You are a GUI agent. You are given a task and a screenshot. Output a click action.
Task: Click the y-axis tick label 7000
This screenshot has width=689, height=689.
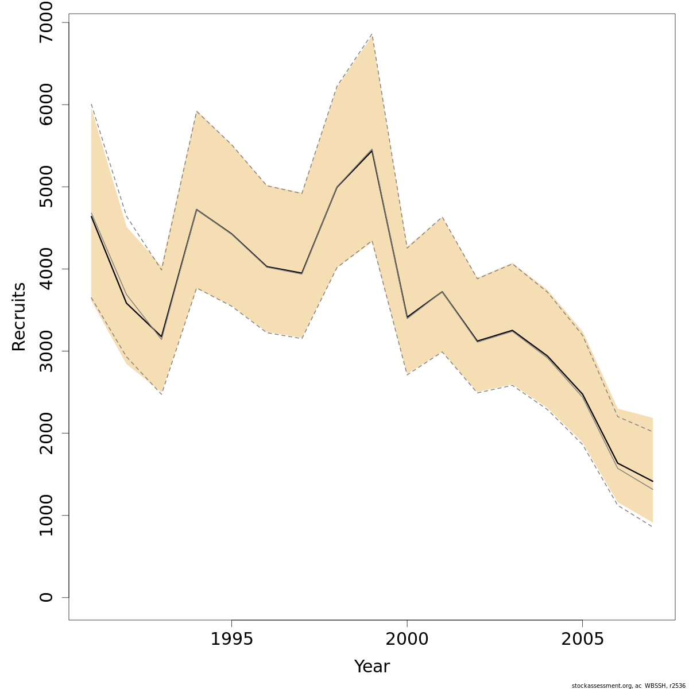(x=45, y=22)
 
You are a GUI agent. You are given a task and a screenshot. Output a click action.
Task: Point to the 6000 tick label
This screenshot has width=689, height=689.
(x=45, y=104)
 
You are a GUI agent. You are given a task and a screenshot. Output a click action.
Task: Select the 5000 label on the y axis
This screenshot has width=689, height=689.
(x=45, y=187)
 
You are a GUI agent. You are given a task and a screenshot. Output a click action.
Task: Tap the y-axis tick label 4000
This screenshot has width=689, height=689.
(x=45, y=269)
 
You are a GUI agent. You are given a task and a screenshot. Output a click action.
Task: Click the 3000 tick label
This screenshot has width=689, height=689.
(x=45, y=351)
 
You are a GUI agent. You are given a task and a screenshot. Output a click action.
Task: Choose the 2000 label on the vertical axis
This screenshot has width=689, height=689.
(x=45, y=433)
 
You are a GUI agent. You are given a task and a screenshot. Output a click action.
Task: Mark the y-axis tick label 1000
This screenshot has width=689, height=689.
(x=45, y=515)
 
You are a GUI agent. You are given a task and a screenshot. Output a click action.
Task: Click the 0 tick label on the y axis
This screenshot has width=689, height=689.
(x=45, y=597)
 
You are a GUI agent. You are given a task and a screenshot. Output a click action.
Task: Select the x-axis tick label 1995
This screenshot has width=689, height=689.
(x=231, y=639)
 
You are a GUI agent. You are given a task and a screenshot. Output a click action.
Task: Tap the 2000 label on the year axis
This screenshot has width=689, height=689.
(x=407, y=639)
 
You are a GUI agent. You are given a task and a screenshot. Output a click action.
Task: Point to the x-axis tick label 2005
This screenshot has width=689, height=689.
(x=583, y=639)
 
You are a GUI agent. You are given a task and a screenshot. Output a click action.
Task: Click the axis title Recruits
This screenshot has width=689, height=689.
(x=19, y=316)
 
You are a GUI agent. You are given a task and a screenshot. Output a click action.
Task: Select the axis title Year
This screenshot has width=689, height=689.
(x=371, y=667)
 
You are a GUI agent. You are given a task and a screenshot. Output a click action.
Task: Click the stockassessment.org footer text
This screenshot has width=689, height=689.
(x=628, y=685)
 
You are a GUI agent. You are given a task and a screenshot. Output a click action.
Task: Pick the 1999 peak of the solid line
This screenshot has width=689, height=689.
(x=372, y=150)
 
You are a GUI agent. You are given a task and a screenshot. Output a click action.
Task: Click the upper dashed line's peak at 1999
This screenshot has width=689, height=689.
(x=372, y=34)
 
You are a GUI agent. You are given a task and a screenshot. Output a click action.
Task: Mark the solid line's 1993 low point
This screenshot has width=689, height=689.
(x=161, y=337)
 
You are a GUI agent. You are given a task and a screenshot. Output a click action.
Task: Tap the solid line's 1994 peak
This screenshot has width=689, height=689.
(x=196, y=210)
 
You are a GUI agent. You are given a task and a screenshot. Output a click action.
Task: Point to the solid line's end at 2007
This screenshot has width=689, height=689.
(x=653, y=481)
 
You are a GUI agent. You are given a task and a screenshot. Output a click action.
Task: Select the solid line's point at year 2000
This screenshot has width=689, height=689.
(x=407, y=317)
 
